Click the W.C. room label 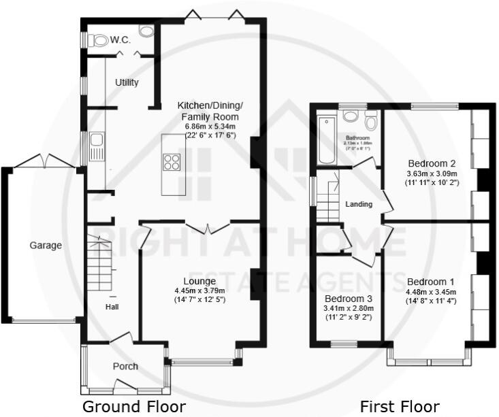point(121,41)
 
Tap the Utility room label point(127,83)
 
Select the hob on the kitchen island point(172,163)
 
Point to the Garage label point(46,246)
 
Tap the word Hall point(112,307)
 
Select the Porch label point(125,367)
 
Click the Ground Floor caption point(133,407)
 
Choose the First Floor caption point(399,407)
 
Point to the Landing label point(358,204)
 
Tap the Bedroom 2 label point(431,163)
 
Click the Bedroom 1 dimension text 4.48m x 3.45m point(431,292)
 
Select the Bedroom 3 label point(348,299)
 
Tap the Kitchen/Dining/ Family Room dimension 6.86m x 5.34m point(210,126)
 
